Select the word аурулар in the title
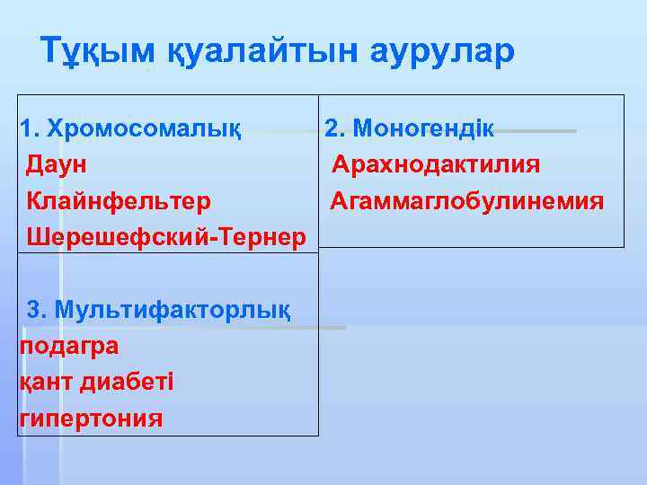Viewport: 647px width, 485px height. pos(442,50)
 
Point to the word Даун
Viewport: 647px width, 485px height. pos(58,164)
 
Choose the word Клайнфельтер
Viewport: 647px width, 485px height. pos(120,200)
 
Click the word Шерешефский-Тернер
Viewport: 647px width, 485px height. pos(167,236)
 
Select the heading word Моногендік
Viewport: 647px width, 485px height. pos(422,128)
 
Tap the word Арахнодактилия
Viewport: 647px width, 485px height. pos(436,164)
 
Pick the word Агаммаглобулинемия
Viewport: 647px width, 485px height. pos(466,200)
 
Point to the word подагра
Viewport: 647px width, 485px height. pos(68,346)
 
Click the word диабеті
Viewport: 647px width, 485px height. pos(128,382)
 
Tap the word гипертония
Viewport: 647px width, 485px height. pos(91,419)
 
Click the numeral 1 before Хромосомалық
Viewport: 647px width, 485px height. pos(26,128)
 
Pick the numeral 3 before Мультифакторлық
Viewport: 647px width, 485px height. pos(35,310)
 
